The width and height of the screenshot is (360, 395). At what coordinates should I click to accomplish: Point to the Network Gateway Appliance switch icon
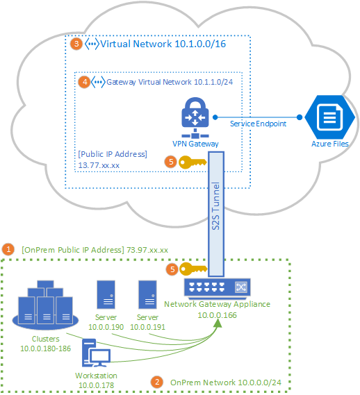[x=217, y=286]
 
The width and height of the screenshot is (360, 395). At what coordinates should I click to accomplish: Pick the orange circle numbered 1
[x=8, y=249]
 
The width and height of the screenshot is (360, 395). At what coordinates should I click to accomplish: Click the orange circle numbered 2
[x=157, y=382]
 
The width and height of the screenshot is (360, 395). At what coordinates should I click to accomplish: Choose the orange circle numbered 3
[x=77, y=44]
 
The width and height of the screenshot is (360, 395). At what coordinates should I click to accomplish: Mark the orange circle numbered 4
[x=85, y=82]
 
